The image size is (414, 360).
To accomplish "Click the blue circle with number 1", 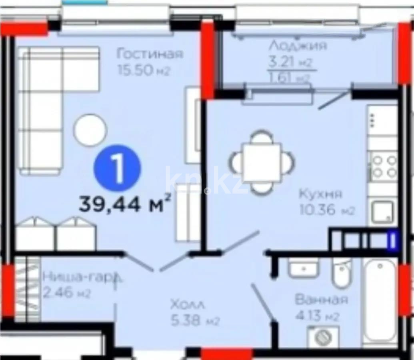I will coord(118,168).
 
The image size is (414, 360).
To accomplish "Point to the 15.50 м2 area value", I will coord(144,70).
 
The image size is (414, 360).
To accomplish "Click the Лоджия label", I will coord(298,45).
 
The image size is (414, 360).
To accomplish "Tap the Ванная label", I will coord(322,299).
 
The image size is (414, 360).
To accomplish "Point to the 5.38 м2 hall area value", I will coord(195,321).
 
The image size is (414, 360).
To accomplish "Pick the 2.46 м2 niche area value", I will coord(66,293).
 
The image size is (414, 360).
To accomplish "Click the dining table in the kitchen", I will coord(262,162).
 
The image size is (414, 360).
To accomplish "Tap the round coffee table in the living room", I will coord(90,130).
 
